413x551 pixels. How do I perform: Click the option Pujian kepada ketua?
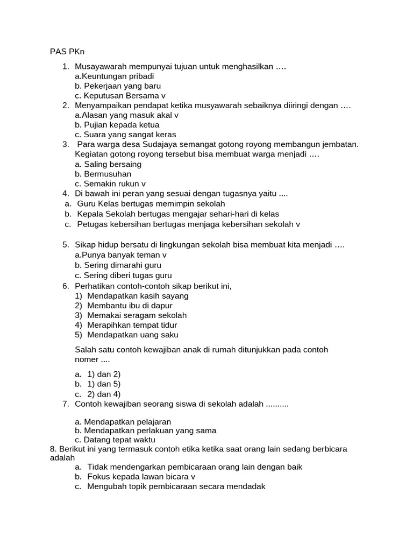117,125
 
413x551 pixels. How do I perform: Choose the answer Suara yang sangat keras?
125,135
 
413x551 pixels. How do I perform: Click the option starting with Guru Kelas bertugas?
151,204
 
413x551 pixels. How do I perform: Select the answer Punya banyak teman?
120,255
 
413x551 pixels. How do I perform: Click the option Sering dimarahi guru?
118,265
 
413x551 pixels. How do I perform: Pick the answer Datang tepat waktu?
110,440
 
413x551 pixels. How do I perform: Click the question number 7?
65,404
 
